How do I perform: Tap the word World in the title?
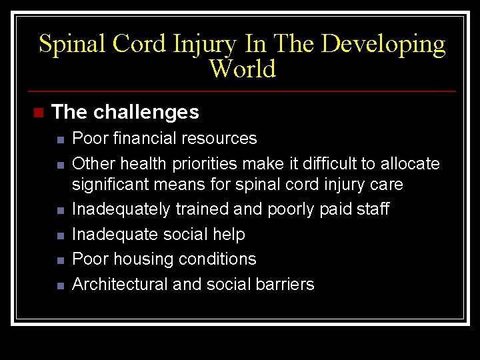242,69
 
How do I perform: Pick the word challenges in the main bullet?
146,112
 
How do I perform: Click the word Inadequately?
121,209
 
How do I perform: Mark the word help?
229,235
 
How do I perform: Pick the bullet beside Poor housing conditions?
59,260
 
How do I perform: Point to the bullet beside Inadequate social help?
59,235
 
